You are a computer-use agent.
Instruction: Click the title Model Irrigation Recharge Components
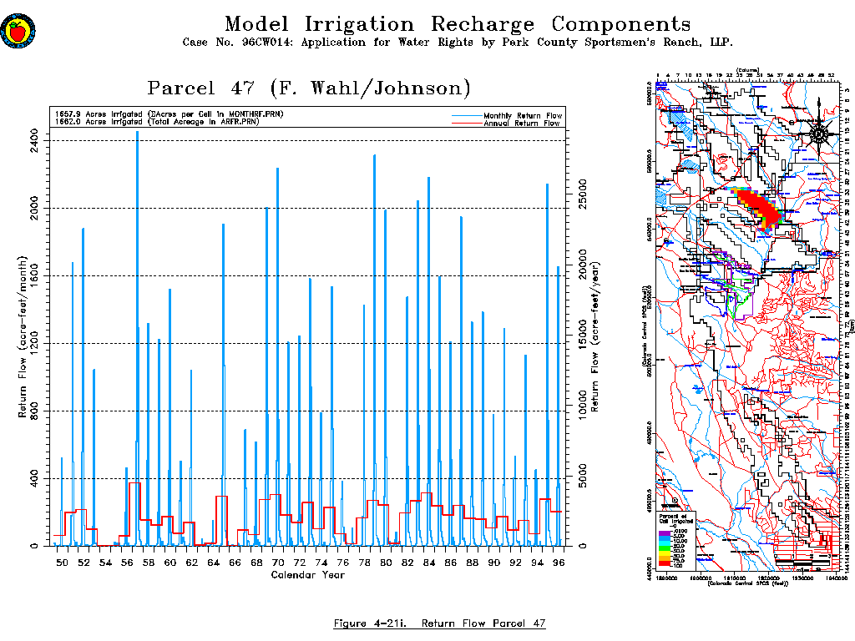point(458,24)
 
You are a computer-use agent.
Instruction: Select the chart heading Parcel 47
point(309,88)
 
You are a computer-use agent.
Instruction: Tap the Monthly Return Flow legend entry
point(523,114)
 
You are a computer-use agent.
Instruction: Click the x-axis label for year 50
point(62,563)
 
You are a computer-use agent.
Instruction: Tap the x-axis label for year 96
point(559,563)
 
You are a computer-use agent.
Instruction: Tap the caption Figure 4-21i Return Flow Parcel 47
point(440,623)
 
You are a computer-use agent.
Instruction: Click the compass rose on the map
point(819,134)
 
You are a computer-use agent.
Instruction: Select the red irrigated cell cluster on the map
point(760,206)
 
